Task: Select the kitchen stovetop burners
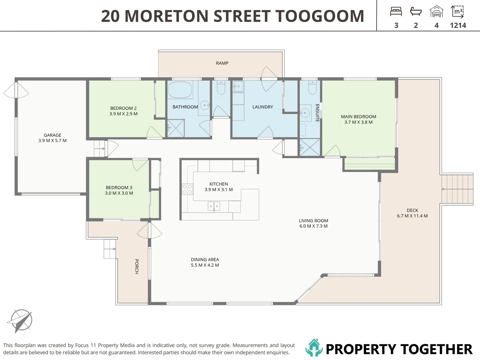tap(187, 189)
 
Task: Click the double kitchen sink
tap(214, 206)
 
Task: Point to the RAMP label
tap(222, 63)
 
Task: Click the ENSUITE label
tap(317, 113)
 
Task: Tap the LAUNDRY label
tap(263, 107)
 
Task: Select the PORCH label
tap(137, 266)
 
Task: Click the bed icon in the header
tap(396, 12)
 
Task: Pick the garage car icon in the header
tap(436, 11)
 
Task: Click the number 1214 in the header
tap(458, 26)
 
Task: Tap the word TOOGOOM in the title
tap(319, 16)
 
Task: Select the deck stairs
tap(457, 189)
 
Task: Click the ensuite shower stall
tap(309, 147)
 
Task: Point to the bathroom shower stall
tap(176, 128)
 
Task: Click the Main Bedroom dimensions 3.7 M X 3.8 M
tap(358, 122)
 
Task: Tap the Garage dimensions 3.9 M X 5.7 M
tap(52, 141)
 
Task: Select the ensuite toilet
tap(312, 87)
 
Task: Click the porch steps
tap(110, 249)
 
